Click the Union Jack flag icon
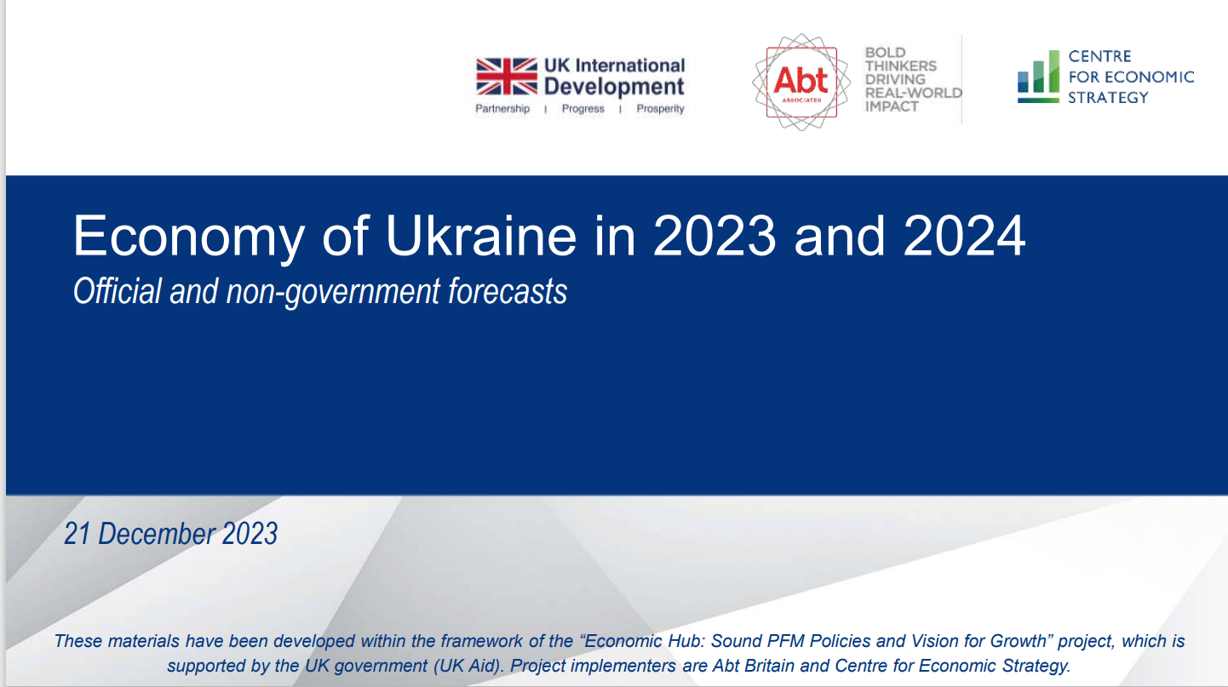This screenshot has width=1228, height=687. [x=507, y=77]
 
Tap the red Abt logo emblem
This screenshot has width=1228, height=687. [x=801, y=83]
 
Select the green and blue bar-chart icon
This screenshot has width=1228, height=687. [x=1038, y=77]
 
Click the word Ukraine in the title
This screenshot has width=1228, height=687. [x=481, y=236]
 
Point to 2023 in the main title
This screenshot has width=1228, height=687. [x=714, y=236]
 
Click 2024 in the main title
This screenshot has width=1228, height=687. [x=964, y=236]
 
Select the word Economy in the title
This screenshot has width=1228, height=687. [x=188, y=237]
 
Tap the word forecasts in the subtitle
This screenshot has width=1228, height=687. [x=508, y=291]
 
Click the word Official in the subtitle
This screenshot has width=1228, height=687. [x=118, y=291]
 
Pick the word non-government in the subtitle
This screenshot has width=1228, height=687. [x=333, y=292]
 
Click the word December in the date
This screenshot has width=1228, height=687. [x=157, y=534]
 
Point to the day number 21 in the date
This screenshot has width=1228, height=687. [x=77, y=534]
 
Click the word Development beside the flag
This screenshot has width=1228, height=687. [x=614, y=87]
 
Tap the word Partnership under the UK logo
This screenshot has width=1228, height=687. [x=502, y=108]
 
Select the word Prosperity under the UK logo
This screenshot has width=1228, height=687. [x=660, y=108]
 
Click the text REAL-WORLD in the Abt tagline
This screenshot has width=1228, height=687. [x=913, y=93]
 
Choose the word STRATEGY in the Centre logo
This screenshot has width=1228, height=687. [x=1108, y=98]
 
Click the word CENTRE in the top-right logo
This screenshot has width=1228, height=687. [x=1099, y=56]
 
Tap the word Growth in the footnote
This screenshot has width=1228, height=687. [x=1019, y=641]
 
